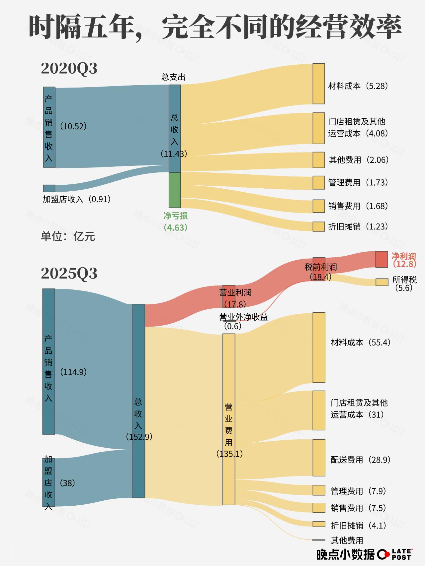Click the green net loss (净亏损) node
point(175,190)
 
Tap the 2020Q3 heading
point(69,68)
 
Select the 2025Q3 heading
point(69,273)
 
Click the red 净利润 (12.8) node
point(382,259)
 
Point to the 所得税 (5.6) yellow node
point(382,282)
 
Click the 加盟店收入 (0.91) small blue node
point(49,188)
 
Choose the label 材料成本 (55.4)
point(361,343)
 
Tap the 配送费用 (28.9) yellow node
point(319,458)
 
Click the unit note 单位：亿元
point(68,236)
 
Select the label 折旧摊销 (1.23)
point(358,226)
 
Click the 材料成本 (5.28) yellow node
point(319,84)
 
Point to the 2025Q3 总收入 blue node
point(139,401)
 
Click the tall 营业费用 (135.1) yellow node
point(229,419)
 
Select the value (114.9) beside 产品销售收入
point(73,372)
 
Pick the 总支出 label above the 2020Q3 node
point(173,77)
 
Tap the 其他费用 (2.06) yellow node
point(319,160)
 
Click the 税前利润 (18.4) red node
point(319,269)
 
